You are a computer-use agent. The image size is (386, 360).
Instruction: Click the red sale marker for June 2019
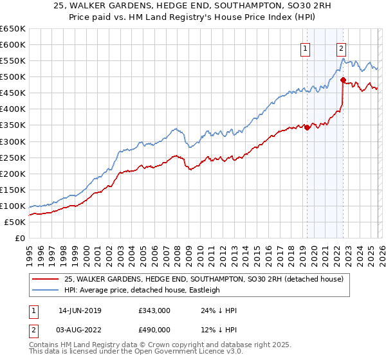[x=307, y=127]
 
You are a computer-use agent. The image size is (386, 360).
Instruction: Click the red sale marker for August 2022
[x=343, y=80]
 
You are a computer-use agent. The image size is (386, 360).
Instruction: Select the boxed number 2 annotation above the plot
[x=340, y=47]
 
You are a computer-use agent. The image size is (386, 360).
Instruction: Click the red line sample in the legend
[x=46, y=280]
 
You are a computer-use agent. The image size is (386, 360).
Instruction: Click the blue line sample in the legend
[x=46, y=291]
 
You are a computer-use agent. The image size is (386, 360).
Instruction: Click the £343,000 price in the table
[x=154, y=310]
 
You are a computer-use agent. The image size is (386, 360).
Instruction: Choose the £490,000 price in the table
[x=154, y=329]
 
